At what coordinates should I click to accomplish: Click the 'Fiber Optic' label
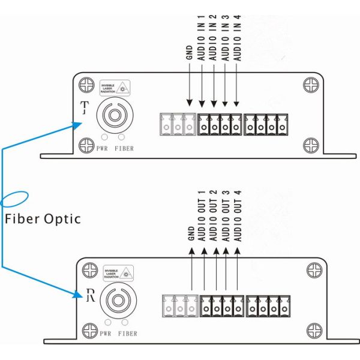43,218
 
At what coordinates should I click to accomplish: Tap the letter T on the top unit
84,108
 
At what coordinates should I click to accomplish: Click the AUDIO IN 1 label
202,41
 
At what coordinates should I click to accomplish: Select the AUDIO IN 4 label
237,41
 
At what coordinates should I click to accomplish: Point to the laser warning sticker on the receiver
119,273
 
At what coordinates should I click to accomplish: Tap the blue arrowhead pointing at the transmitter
76,125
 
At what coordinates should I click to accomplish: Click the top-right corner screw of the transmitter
310,83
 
